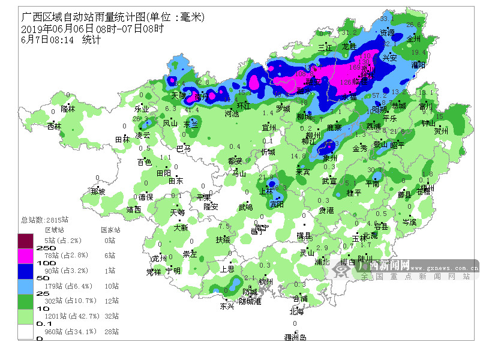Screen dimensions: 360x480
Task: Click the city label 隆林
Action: click(68, 109)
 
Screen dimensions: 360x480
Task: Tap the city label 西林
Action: click(55, 127)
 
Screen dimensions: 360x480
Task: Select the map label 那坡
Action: click(98, 192)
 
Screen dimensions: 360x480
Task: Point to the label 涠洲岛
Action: click(295, 338)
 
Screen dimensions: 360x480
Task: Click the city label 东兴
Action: click(227, 306)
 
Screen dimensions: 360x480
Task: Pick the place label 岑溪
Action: click(409, 222)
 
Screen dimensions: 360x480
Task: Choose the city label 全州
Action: click(414, 38)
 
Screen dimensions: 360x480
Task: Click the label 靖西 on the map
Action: click(134, 209)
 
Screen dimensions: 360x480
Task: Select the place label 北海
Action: click(296, 311)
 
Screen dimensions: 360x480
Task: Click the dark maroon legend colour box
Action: click(25, 241)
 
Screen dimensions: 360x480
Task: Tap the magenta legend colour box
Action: click(25, 256)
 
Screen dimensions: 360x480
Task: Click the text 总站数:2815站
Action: click(44, 220)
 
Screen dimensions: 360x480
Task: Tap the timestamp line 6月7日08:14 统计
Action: click(61, 40)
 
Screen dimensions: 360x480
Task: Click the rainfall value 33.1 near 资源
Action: click(387, 20)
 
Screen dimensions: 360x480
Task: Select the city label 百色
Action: click(145, 162)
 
